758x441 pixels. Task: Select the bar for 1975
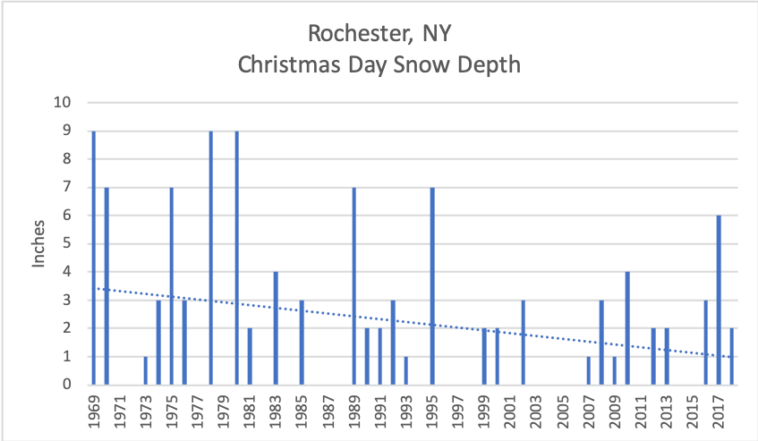click(171, 286)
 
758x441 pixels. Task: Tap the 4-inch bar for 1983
click(276, 328)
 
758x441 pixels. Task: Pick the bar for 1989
click(353, 286)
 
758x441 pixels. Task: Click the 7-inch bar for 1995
click(431, 286)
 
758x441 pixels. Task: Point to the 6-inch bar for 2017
click(718, 301)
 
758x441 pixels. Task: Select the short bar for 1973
click(145, 371)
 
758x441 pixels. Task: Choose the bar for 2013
click(666, 357)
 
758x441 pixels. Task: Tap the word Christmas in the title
click(285, 65)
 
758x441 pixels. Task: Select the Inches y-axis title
click(38, 243)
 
